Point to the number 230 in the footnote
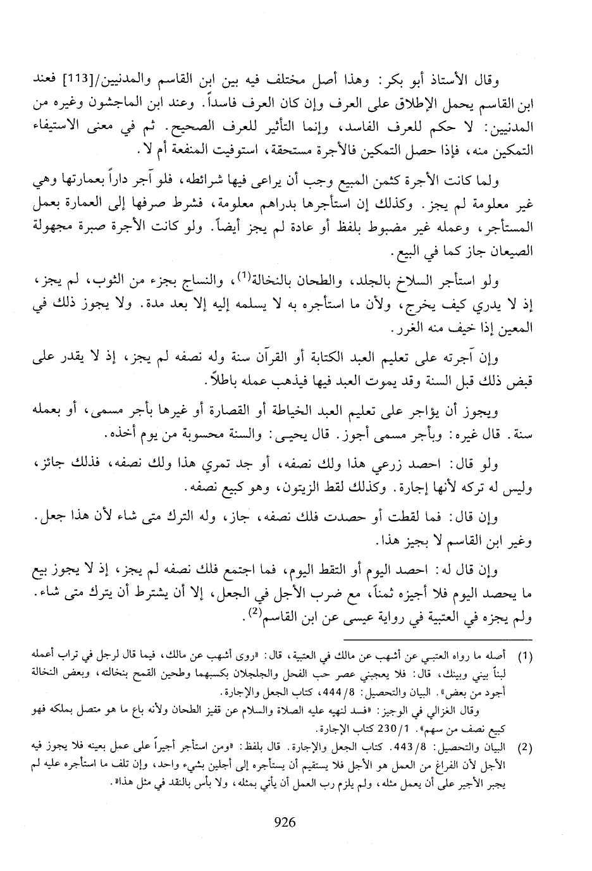point(357,727)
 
